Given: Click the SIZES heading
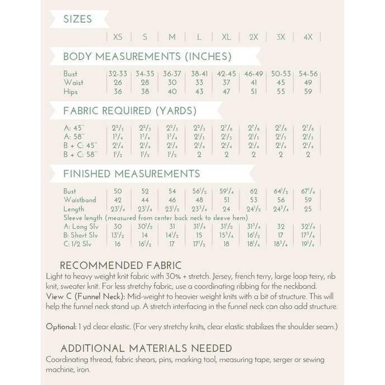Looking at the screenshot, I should point(78,19).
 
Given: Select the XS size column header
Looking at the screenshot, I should point(118,37).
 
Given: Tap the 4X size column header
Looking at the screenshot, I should point(307,37).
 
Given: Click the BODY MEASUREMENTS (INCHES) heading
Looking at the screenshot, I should point(147,56).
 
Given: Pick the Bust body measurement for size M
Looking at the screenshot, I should point(172,74).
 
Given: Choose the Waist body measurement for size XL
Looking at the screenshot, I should point(226,83).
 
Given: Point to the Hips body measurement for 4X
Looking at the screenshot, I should point(307,92).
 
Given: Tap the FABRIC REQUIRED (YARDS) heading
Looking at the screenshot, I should point(129,110).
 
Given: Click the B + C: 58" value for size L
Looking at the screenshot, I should point(199,154).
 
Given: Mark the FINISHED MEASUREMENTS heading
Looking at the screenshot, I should point(132,174).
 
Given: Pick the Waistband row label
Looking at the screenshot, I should point(80,200).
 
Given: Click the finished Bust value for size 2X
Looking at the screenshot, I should point(253,191).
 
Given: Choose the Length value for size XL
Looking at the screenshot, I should point(226,209).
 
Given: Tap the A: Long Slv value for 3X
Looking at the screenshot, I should point(281,226).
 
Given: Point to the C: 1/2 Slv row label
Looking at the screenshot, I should point(80,244).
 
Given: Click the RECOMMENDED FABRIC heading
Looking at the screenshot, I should point(121,266).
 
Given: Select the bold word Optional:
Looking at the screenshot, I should point(60,326).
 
